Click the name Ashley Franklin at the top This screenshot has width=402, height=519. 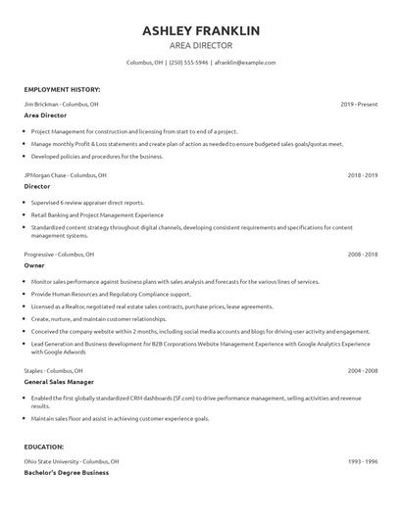[201, 30]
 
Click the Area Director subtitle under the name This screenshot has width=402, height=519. [201, 45]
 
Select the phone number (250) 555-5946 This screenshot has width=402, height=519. [189, 63]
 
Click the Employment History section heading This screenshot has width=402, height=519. [61, 89]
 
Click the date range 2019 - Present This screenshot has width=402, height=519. [359, 103]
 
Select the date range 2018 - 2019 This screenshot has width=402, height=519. [363, 175]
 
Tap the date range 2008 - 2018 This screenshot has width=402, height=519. [363, 255]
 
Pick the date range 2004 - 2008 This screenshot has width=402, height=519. [363, 371]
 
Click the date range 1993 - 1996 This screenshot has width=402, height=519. [363, 460]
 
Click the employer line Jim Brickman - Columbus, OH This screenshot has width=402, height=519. [61, 103]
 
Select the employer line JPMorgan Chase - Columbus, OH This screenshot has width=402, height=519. [66, 175]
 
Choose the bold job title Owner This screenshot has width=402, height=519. [34, 266]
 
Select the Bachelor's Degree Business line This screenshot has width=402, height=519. [67, 473]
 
